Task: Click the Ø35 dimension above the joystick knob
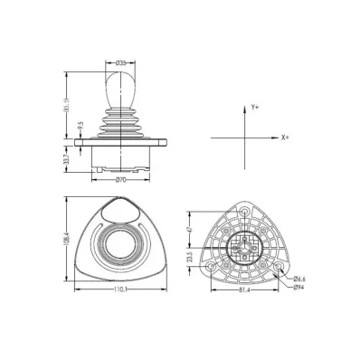click(121, 62)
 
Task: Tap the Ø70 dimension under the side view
click(121, 181)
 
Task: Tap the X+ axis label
click(285, 137)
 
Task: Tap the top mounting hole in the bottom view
click(243, 209)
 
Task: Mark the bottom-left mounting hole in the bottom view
click(211, 268)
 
